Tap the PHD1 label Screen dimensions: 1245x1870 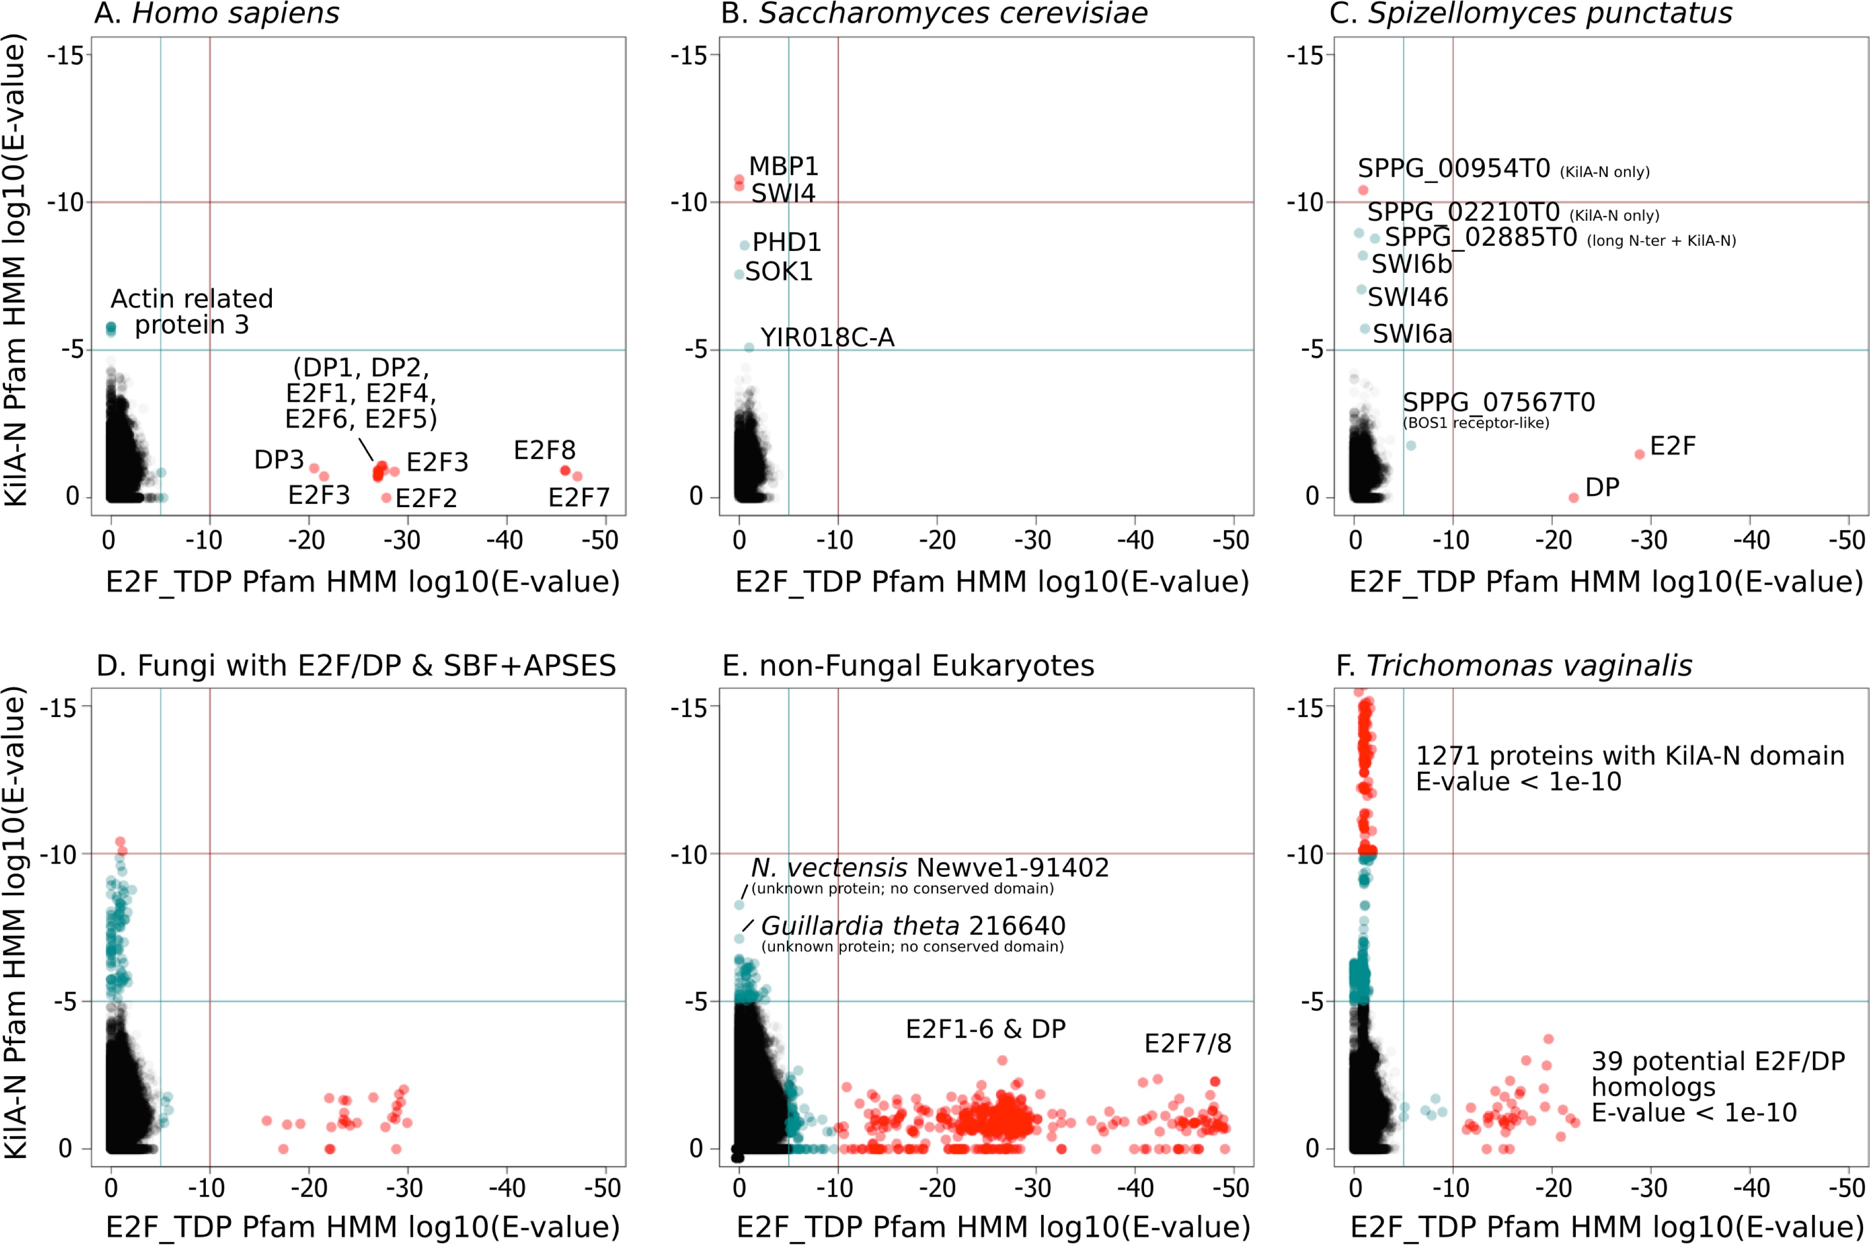pos(786,241)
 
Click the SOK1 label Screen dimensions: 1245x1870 pos(778,272)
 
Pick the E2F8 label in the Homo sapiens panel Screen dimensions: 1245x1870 pos(544,450)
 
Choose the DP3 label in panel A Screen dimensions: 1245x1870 pos(279,460)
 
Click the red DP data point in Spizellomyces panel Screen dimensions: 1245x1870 pos(1573,498)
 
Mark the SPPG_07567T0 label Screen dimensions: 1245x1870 pos(1498,403)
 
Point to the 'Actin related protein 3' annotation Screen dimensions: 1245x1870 pos(191,311)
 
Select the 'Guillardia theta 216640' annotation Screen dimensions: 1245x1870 pos(913,926)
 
